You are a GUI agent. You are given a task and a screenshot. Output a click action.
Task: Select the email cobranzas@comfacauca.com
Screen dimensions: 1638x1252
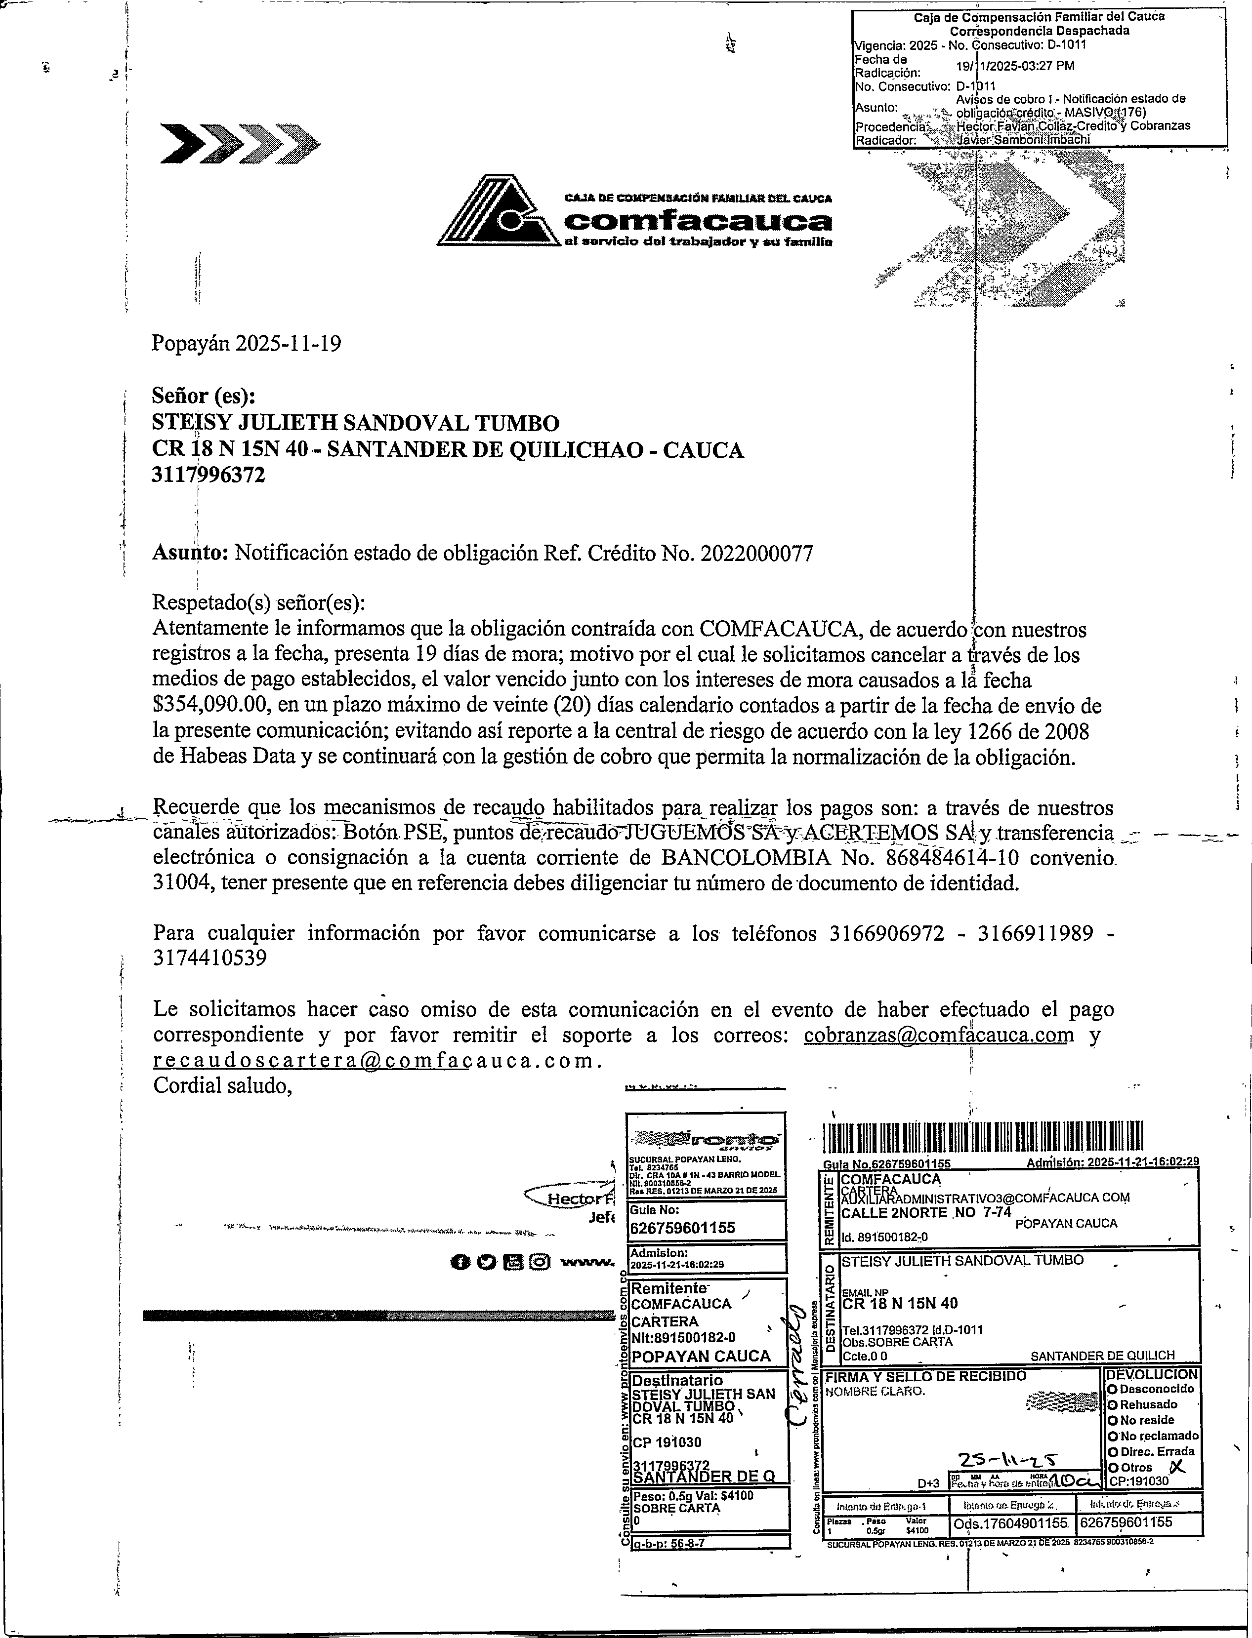point(938,1035)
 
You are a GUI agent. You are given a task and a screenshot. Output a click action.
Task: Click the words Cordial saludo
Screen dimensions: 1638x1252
point(221,1085)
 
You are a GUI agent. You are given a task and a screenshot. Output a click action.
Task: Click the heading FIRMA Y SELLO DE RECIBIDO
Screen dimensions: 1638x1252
point(925,1376)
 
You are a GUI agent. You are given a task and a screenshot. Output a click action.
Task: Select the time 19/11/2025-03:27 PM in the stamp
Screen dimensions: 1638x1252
point(1015,66)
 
